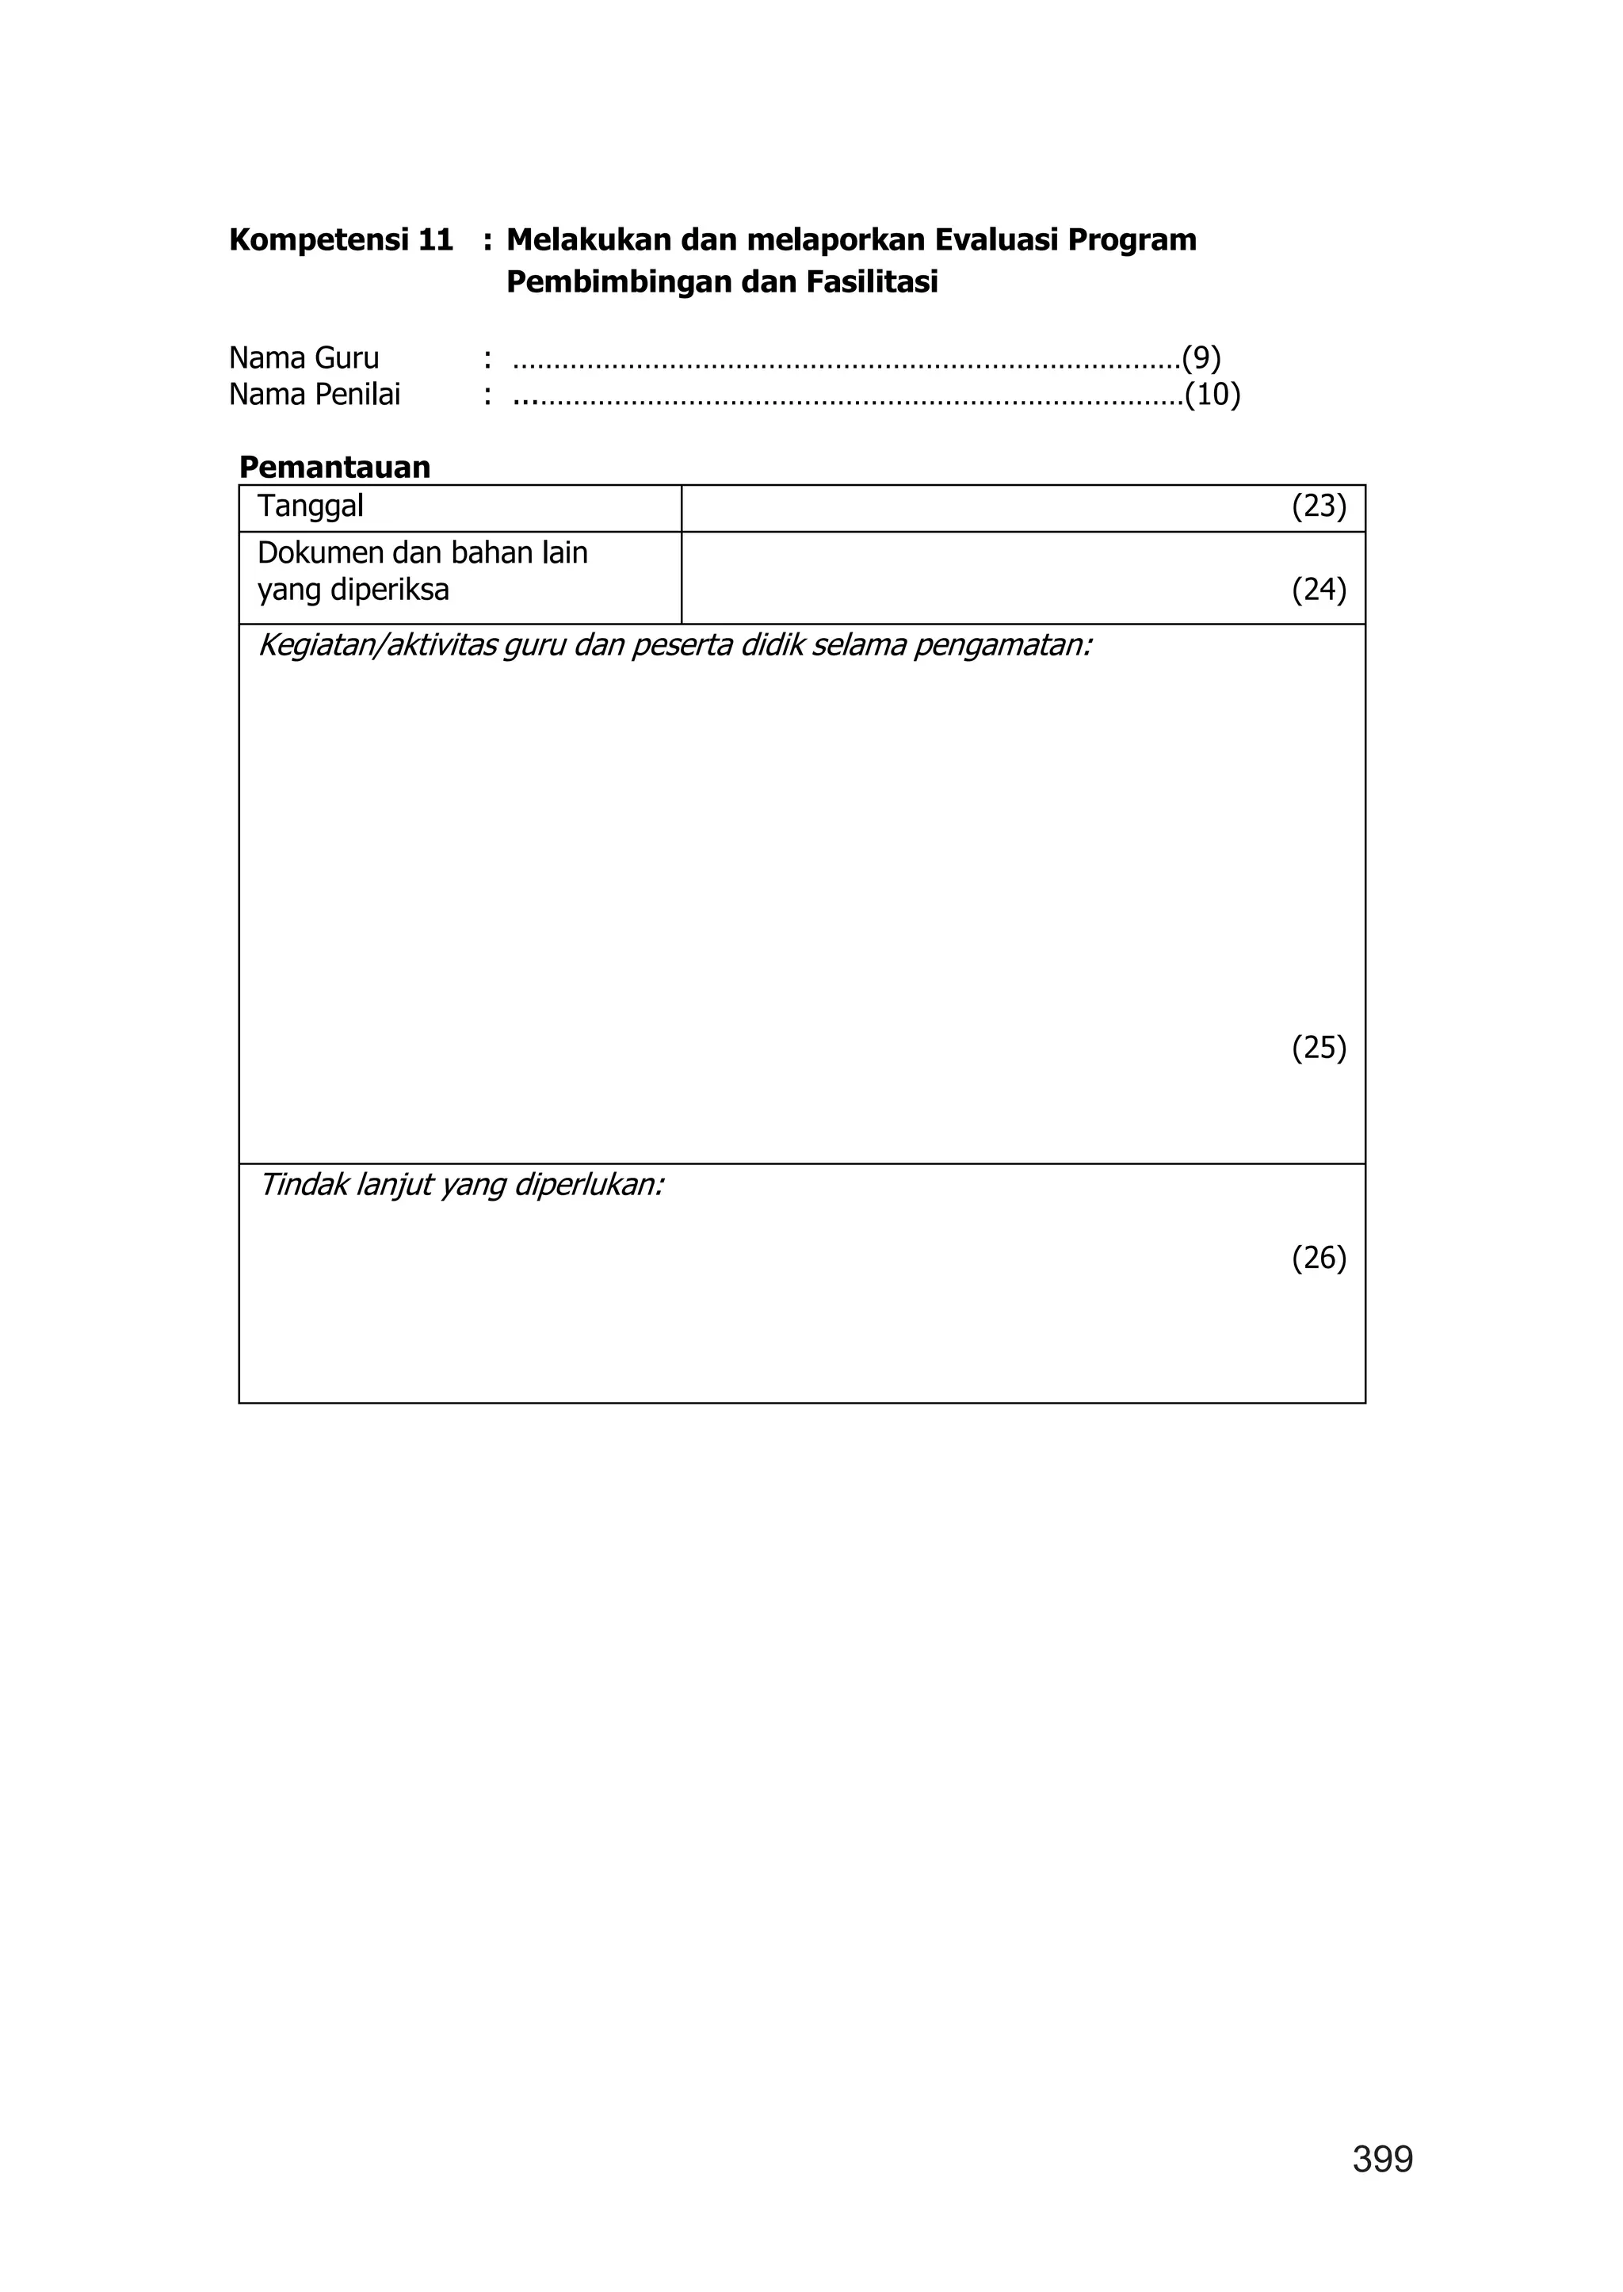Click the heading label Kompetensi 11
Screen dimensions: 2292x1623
coord(341,240)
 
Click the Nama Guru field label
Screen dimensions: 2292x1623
coord(304,358)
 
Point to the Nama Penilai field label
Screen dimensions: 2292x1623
coord(314,395)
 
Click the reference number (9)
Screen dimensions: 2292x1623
coord(1201,358)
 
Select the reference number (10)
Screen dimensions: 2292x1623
coord(1213,395)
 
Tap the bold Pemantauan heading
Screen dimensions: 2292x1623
coord(334,467)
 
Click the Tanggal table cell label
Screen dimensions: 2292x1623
coord(310,506)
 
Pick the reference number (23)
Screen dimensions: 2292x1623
coord(1319,506)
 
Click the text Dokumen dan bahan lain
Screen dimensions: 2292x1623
coord(422,552)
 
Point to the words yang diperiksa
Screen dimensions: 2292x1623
coord(353,590)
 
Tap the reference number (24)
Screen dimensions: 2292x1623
coord(1319,590)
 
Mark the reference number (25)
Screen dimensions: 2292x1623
coord(1319,1048)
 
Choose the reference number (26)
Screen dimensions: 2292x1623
coord(1319,1258)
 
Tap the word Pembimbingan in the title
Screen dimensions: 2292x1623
coord(620,283)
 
